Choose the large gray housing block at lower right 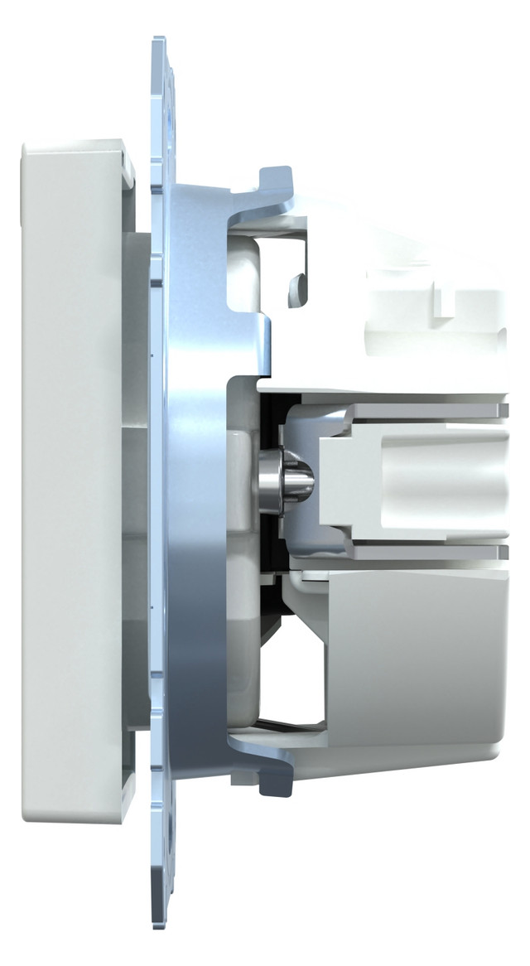(414, 654)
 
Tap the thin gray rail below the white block (414, 551)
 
